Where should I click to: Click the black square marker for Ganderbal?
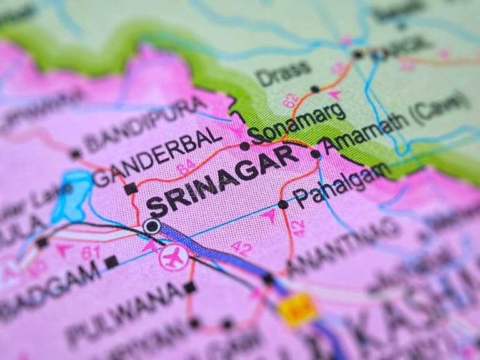[130, 188]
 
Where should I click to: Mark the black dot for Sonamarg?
[245, 146]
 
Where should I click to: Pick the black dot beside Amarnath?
[316, 154]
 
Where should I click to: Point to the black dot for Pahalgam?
[283, 204]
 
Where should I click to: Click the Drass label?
[283, 74]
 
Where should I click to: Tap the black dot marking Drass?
[315, 89]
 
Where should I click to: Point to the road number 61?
[91, 252]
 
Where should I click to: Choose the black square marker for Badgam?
[111, 262]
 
